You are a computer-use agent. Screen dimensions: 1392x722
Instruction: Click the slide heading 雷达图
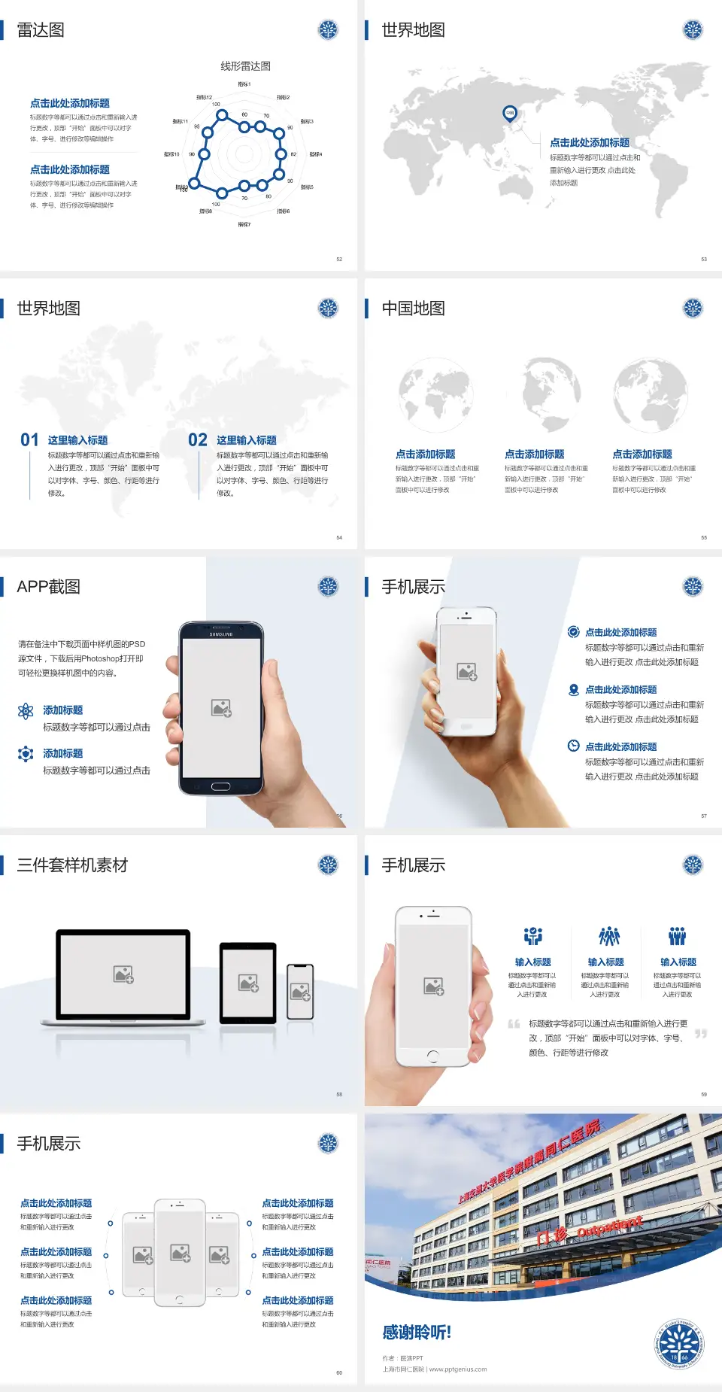click(41, 30)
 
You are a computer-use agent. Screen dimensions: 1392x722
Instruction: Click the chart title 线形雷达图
click(245, 66)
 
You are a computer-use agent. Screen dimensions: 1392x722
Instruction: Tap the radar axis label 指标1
click(244, 84)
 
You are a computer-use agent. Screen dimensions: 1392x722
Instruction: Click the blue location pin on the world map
click(510, 114)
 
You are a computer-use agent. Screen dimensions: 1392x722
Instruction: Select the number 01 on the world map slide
click(29, 440)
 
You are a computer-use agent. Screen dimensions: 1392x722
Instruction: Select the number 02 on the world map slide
click(198, 440)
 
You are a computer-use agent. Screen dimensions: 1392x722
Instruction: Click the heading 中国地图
click(413, 308)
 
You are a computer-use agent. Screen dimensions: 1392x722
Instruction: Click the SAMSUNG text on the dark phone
click(221, 634)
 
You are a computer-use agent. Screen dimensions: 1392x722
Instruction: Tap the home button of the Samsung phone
click(220, 786)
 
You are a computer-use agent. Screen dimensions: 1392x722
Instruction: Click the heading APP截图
click(48, 587)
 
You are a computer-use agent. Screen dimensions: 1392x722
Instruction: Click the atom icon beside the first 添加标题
click(26, 711)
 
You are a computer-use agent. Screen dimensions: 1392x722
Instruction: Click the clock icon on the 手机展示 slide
click(573, 746)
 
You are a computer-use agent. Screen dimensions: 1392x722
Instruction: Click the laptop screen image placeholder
click(123, 974)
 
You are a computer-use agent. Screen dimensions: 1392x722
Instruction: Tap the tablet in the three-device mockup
click(248, 982)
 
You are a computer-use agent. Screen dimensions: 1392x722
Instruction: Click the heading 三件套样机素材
click(72, 865)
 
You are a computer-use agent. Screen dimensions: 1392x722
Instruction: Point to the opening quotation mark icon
click(514, 1024)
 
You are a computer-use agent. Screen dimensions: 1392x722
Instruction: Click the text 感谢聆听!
click(417, 1333)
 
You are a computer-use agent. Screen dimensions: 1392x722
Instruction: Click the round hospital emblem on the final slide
click(680, 1343)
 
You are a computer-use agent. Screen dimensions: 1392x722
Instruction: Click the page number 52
click(339, 259)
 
